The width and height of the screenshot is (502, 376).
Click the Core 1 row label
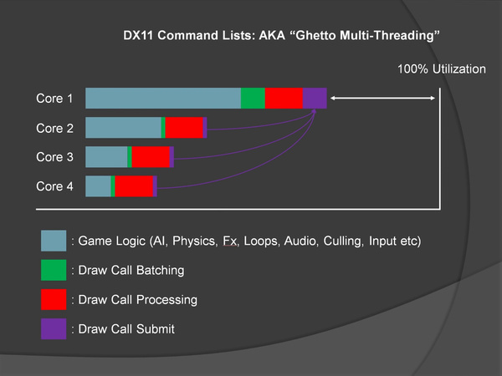pos(54,98)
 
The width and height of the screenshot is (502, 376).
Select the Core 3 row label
pos(54,157)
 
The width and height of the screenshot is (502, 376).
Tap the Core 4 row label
pos(54,186)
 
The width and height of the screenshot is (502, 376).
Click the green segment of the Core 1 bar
pos(253,98)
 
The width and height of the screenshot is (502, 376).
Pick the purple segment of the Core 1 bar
pos(315,98)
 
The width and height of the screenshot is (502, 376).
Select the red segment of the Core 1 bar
pos(284,98)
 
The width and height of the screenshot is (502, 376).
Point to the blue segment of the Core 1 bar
pos(163,98)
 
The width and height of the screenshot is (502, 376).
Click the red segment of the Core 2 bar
pos(184,128)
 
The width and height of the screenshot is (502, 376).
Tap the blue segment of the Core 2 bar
pos(123,128)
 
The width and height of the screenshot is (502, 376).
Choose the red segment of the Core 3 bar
pos(151,157)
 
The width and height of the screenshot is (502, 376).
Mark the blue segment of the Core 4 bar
pos(98,186)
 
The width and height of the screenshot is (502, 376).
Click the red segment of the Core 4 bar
pos(134,186)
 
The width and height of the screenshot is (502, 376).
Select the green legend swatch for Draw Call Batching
pos(54,270)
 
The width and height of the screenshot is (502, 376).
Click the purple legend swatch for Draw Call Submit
pos(54,328)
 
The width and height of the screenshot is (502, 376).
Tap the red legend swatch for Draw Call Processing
pos(54,300)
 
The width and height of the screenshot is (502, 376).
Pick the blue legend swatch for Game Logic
pos(54,241)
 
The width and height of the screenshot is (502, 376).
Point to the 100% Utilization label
pos(442,69)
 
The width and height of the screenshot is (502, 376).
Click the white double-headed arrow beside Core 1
pos(382,98)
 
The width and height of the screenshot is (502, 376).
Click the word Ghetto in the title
pos(315,35)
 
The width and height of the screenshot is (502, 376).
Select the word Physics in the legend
pos(194,241)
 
